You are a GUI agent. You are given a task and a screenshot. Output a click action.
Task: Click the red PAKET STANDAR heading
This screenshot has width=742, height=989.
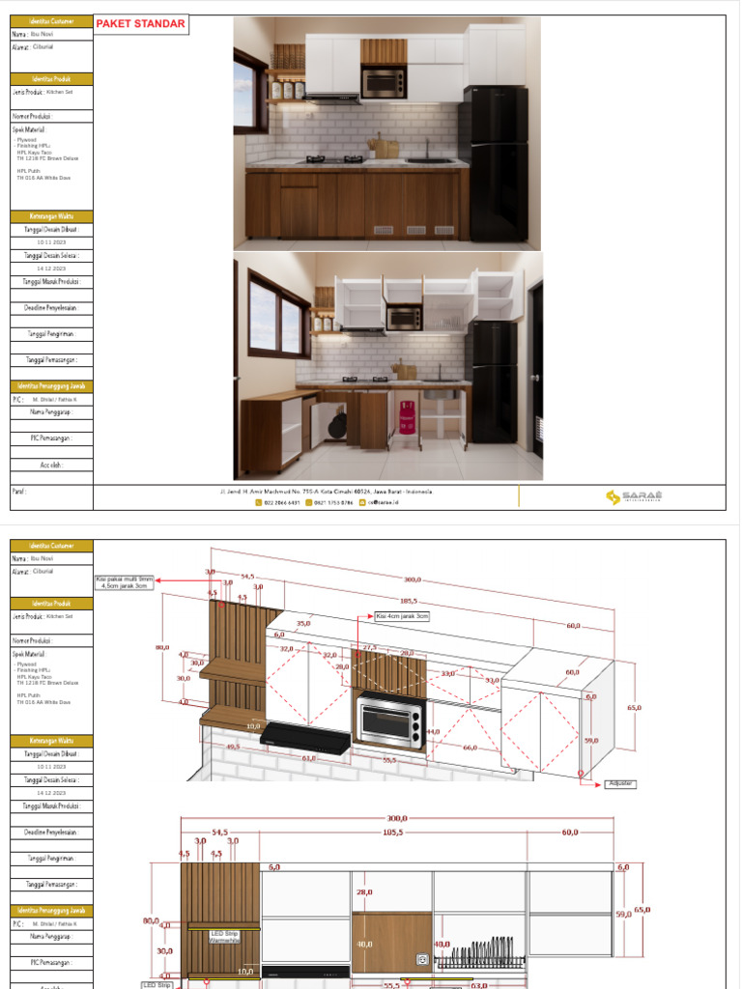pyautogui.click(x=141, y=24)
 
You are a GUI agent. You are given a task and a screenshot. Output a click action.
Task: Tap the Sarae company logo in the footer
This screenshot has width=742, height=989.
pyautogui.click(x=634, y=497)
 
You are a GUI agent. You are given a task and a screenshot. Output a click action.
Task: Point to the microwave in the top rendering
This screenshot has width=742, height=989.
pyautogui.click(x=383, y=83)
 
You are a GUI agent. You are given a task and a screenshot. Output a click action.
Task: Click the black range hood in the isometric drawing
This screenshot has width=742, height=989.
pyautogui.click(x=304, y=739)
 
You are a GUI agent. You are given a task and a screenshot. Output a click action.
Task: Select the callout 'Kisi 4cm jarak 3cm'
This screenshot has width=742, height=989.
pyautogui.click(x=401, y=615)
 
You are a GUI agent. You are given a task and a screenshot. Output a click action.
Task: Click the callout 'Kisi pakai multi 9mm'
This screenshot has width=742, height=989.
pyautogui.click(x=124, y=582)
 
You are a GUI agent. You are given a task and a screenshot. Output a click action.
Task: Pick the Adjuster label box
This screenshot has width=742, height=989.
pyautogui.click(x=619, y=783)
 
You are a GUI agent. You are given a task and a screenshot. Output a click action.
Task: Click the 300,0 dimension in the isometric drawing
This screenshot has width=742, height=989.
pyautogui.click(x=413, y=579)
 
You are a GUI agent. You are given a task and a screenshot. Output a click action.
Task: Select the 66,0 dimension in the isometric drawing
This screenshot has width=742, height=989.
pyautogui.click(x=470, y=748)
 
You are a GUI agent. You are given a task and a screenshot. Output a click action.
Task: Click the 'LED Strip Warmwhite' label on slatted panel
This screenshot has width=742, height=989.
pyautogui.click(x=224, y=937)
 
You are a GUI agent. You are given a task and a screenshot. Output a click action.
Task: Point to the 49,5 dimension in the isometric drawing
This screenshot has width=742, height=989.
pyautogui.click(x=233, y=746)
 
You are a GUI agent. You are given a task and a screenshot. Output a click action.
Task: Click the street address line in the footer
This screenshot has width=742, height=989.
pyautogui.click(x=327, y=492)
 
